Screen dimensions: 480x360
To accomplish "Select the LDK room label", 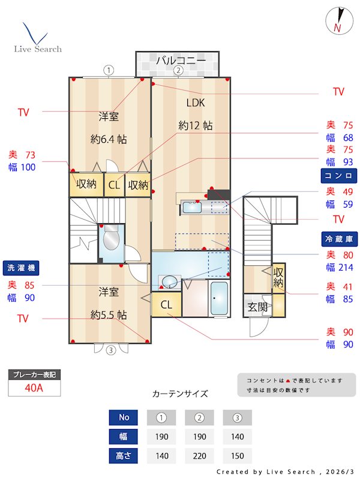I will (195, 103).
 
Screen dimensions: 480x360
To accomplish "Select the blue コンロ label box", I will (338, 175).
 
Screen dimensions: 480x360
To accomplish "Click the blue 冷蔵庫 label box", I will (338, 238).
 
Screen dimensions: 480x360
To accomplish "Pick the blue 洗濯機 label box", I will (22, 268).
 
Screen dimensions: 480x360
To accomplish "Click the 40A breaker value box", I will (34, 388).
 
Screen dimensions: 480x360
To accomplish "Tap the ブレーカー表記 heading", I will (34, 375).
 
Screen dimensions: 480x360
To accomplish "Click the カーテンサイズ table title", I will (180, 394).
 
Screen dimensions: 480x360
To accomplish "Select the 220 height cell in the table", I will (200, 455).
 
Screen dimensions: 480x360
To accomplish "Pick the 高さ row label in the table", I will (123, 455).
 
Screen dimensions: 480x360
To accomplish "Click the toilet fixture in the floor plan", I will (112, 240).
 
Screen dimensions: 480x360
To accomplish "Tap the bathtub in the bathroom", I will (220, 298).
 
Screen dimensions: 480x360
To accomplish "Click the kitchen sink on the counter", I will (192, 208).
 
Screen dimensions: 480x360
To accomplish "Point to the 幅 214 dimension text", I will (338, 267).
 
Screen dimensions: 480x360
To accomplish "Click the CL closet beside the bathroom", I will (166, 305).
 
